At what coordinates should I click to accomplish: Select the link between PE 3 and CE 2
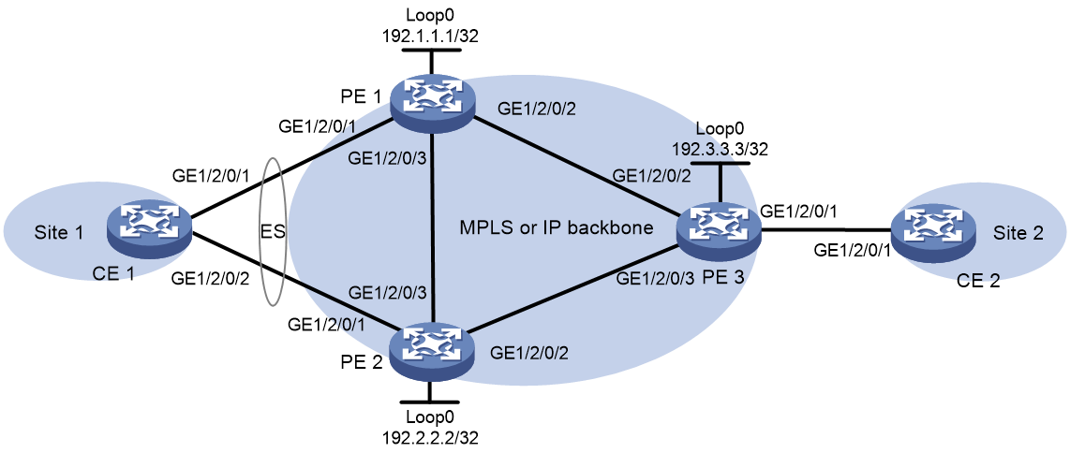pos(825,231)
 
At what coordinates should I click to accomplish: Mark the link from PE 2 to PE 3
pos(574,290)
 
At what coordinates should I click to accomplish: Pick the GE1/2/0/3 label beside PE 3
pos(654,278)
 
